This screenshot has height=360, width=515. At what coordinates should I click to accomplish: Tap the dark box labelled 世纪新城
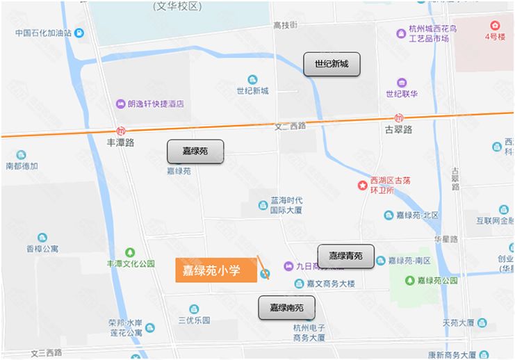point(331,65)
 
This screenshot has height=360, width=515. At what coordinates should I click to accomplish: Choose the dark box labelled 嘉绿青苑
point(345,256)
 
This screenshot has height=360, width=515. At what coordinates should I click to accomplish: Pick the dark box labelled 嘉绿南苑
point(286,307)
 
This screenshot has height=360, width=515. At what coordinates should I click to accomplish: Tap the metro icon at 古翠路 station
point(398,118)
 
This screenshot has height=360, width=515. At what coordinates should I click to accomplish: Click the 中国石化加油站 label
point(44,33)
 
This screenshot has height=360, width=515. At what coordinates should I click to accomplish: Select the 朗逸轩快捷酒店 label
point(156,104)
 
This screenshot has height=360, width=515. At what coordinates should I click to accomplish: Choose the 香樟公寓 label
point(43,248)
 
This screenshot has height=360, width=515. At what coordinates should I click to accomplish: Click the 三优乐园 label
point(194,320)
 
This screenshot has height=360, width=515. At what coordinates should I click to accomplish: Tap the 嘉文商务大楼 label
point(331,284)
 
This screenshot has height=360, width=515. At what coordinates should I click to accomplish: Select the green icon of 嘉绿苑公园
point(410,281)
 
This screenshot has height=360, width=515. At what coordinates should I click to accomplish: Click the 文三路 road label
point(46,352)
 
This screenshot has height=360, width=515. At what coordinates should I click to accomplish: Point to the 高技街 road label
point(285,25)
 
